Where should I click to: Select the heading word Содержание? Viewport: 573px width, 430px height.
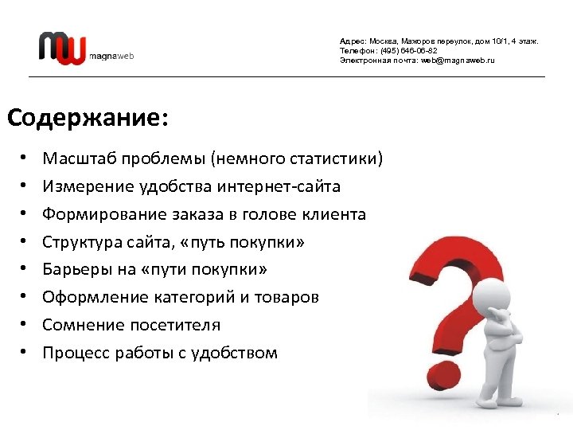tap(84, 118)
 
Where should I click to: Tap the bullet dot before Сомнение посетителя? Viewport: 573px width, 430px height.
tap(25, 325)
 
